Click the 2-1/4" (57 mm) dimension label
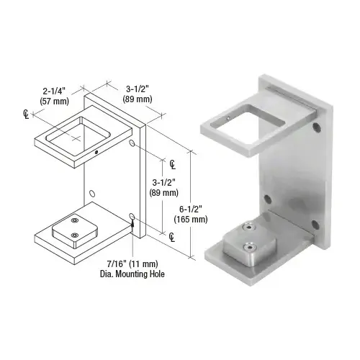click(x=55, y=96)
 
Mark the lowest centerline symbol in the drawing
click(x=174, y=235)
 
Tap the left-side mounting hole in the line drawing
click(x=92, y=193)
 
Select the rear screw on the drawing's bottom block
click(x=74, y=220)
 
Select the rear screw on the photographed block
click(x=247, y=227)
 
